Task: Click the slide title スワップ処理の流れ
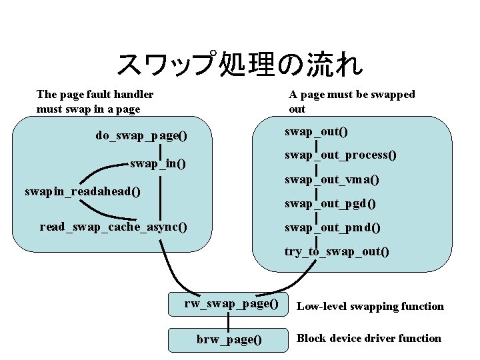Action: [x=239, y=65]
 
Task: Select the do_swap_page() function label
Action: [x=141, y=135]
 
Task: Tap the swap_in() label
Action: [x=157, y=163]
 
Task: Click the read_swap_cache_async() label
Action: [x=113, y=227]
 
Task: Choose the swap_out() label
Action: [x=316, y=131]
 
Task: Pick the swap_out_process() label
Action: [x=341, y=155]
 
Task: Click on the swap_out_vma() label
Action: [x=332, y=179]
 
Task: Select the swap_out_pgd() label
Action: [x=330, y=203]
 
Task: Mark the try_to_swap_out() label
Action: [x=337, y=251]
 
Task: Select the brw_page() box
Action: [x=229, y=339]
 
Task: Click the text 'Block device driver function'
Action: [x=369, y=338]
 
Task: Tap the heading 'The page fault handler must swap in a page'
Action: [x=95, y=101]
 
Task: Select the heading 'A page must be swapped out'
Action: [x=351, y=101]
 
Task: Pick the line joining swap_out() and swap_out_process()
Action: [x=315, y=143]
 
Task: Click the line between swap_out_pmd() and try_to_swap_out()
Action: [x=315, y=239]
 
